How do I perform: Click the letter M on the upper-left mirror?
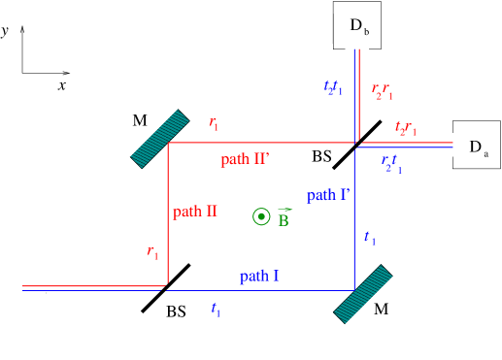point(139,120)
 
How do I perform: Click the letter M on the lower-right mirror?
point(381,309)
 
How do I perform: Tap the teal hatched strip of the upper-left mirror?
point(160,139)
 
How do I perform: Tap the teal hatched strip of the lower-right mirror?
point(362,293)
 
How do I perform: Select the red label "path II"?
point(195,212)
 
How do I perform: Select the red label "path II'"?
point(244,159)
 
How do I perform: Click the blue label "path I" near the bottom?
point(259,277)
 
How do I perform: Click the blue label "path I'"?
point(328,195)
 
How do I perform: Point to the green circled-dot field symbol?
point(260,216)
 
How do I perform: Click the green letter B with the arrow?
point(284,220)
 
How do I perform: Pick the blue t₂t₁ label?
point(333,87)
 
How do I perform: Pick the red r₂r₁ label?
point(383,92)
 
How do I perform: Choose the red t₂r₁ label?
point(406,128)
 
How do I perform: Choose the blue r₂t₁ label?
point(391,164)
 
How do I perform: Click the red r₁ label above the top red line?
point(214,123)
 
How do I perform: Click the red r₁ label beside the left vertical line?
point(152,252)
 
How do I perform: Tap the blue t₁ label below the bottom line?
point(216,311)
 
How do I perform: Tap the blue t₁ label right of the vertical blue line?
point(369,238)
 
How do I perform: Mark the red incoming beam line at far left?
point(92,286)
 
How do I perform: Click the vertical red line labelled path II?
point(168,213)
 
